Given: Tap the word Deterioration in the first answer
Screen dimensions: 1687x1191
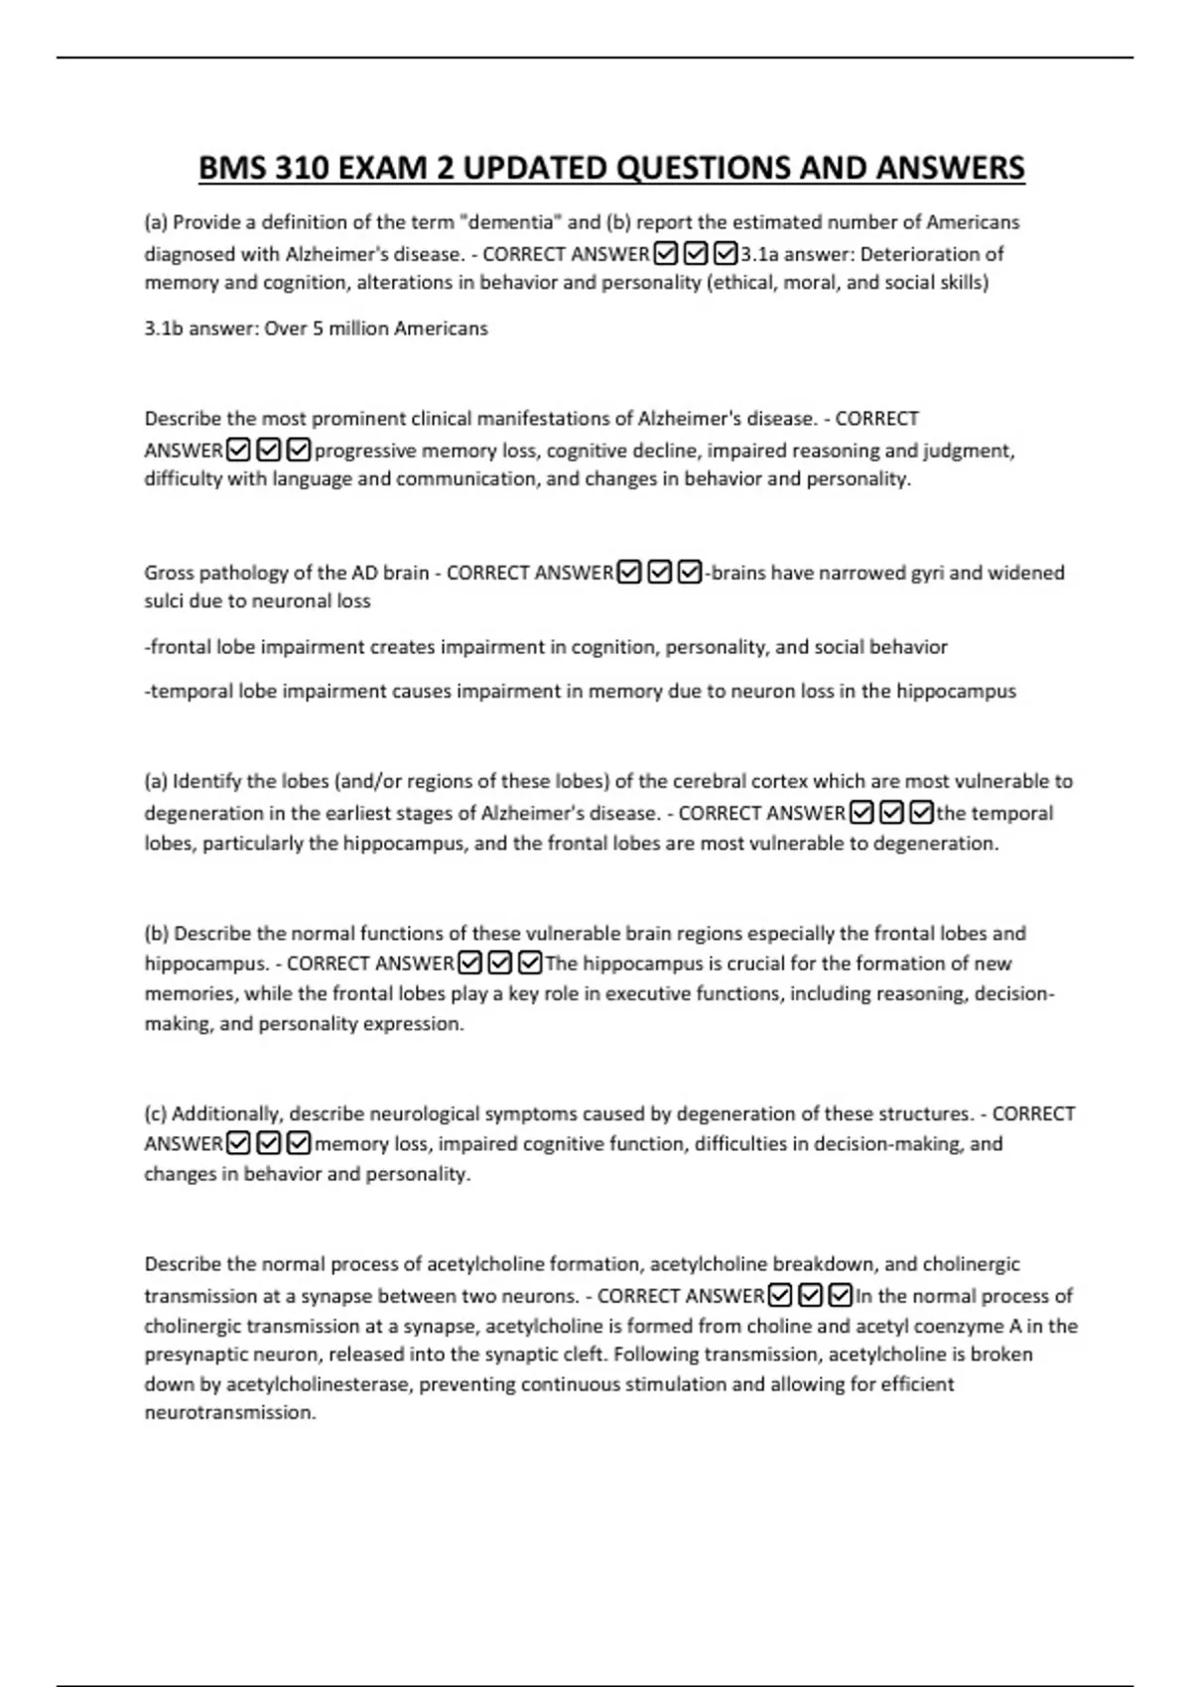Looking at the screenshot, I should click(x=929, y=254).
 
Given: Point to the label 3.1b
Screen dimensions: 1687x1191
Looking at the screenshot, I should click(x=163, y=328).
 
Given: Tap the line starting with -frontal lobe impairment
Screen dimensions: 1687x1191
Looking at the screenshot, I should click(x=546, y=647).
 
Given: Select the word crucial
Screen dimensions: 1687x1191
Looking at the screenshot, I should click(x=700, y=964).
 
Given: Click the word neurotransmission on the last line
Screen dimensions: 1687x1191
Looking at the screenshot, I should click(x=229, y=1413).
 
